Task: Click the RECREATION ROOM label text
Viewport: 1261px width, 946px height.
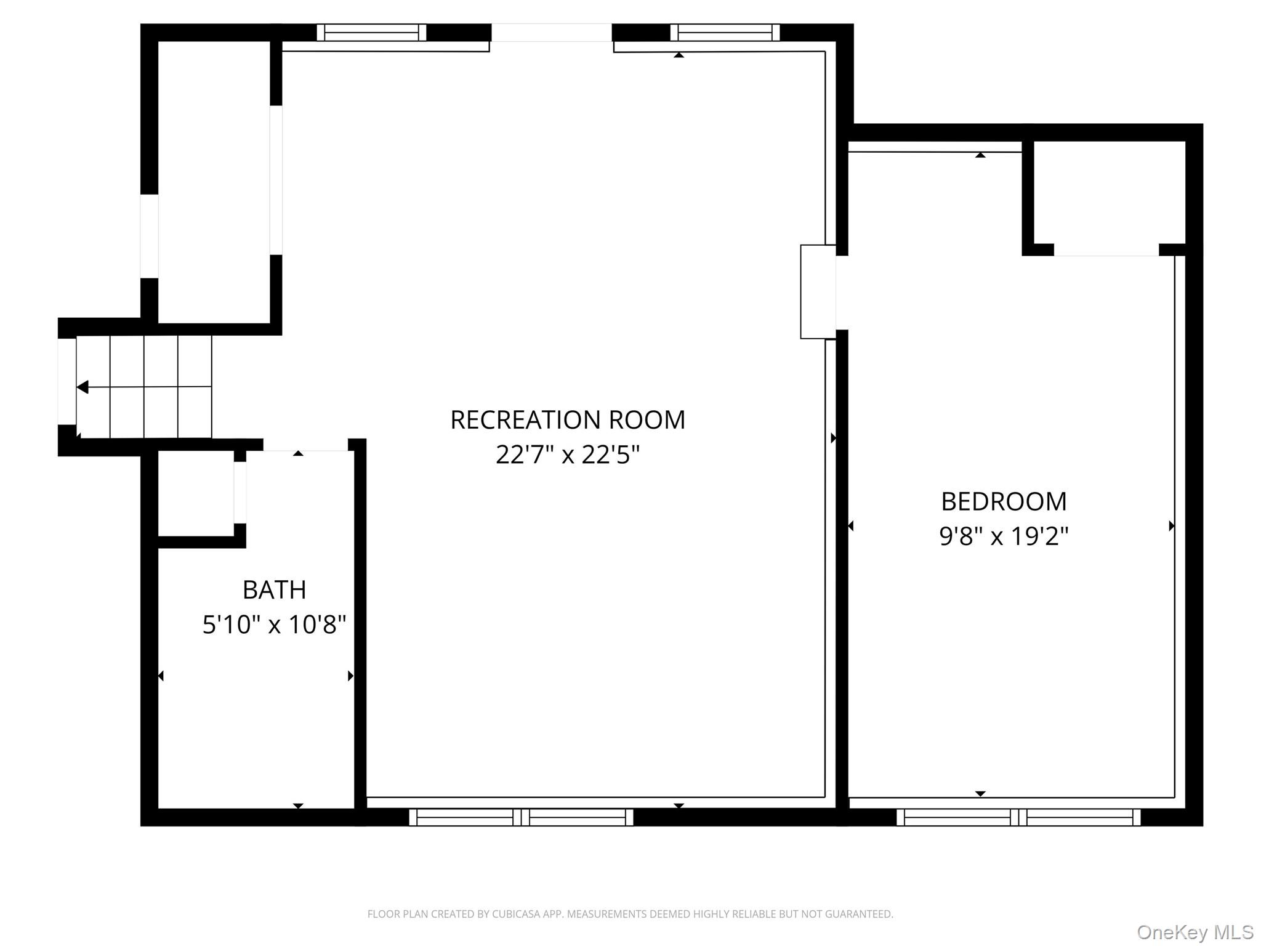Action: (568, 420)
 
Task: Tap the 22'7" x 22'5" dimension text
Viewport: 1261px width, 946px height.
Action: (568, 455)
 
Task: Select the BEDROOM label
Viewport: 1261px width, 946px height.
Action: (1004, 501)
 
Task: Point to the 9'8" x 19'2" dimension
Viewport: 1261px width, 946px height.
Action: (1004, 536)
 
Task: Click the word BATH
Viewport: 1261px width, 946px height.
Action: (275, 590)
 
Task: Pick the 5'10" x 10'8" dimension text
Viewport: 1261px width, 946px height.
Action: (275, 625)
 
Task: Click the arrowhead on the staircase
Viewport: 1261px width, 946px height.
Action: (83, 387)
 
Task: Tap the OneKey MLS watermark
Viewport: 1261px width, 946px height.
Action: (1195, 932)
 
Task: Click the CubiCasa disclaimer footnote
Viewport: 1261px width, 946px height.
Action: (630, 914)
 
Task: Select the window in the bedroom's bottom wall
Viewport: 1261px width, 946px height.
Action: (1018, 817)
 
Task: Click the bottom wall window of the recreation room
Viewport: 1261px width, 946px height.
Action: (521, 817)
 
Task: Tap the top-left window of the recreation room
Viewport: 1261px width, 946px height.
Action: (371, 32)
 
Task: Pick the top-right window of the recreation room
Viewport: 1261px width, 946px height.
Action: (725, 32)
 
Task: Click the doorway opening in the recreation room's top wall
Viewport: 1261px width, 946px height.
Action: (552, 33)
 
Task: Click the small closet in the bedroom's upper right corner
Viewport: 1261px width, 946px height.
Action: (1110, 193)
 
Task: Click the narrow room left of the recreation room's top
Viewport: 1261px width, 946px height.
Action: (214, 182)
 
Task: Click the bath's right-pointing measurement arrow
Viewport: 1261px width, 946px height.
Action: (351, 676)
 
